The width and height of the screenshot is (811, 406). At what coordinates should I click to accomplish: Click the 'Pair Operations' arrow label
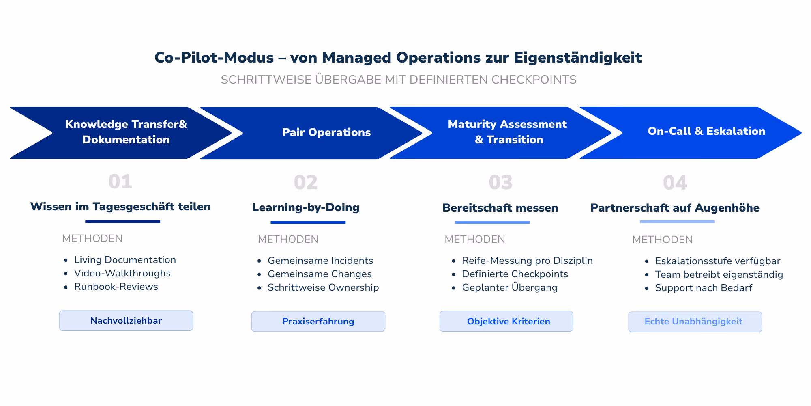(x=326, y=132)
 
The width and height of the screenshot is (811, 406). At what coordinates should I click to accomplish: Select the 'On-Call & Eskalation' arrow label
(x=706, y=131)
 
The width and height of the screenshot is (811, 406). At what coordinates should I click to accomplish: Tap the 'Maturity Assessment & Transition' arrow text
(x=508, y=132)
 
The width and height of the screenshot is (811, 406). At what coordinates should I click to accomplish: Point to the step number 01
(x=120, y=181)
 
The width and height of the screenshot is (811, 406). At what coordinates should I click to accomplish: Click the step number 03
(x=500, y=183)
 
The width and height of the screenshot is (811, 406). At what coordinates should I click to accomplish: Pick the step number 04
(x=675, y=183)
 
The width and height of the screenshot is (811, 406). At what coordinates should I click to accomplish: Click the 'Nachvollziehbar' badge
(x=126, y=321)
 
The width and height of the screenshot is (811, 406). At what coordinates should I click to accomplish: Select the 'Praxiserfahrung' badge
(x=318, y=322)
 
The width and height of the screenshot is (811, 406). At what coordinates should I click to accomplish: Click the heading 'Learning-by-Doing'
(x=306, y=207)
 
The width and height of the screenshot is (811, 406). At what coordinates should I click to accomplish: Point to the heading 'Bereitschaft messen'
(x=500, y=208)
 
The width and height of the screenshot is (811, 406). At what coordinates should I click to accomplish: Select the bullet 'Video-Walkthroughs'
(x=122, y=273)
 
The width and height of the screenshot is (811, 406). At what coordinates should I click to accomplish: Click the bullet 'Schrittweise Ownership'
(x=323, y=287)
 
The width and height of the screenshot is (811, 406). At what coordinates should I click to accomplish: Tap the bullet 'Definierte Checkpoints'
(x=515, y=274)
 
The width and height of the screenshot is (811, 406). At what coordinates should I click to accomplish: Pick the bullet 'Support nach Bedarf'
(x=704, y=288)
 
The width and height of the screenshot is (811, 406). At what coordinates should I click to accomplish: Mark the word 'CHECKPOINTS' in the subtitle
(x=534, y=80)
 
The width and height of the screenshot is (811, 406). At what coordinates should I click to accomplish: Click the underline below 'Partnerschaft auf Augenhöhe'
(x=677, y=222)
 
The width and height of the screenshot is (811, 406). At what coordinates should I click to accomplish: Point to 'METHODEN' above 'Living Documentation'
(x=92, y=238)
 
